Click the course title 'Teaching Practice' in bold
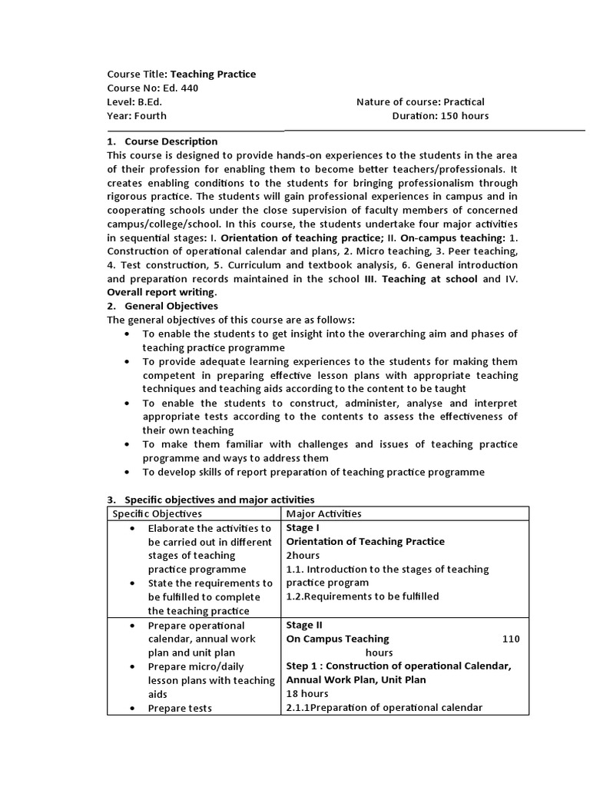(x=213, y=74)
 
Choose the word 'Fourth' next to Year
(x=151, y=115)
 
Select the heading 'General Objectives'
(x=171, y=306)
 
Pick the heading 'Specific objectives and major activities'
(x=219, y=500)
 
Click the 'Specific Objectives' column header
(x=157, y=513)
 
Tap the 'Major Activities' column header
(x=323, y=513)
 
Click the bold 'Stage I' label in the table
(x=303, y=527)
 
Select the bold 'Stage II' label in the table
(x=304, y=625)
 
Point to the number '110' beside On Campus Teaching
(x=511, y=639)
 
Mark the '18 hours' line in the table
(x=307, y=694)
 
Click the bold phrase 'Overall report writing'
(x=161, y=292)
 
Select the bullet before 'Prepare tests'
(x=134, y=708)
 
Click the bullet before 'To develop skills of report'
(x=126, y=472)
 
